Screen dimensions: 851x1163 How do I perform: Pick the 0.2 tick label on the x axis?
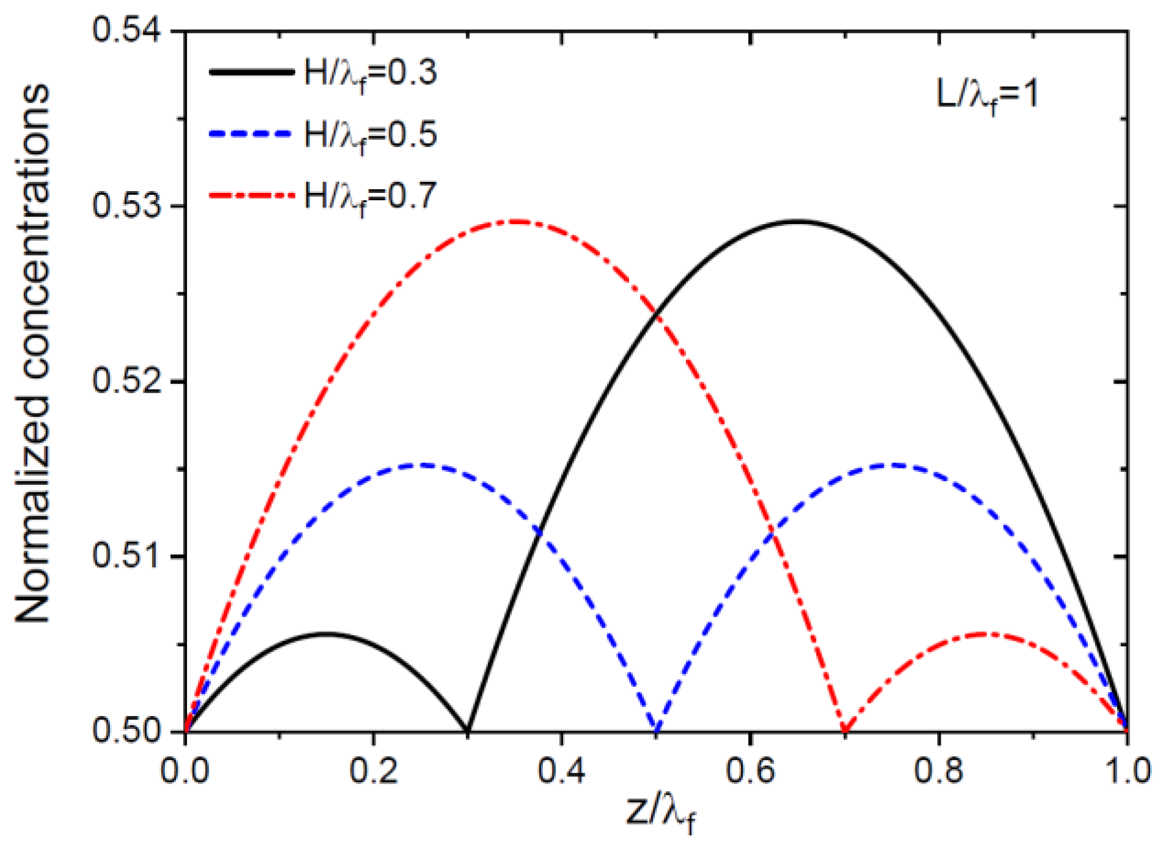click(x=373, y=770)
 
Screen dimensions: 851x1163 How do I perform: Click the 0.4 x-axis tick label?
click(x=561, y=770)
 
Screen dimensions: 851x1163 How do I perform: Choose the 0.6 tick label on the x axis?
click(x=750, y=770)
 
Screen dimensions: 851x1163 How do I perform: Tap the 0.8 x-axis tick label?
click(x=938, y=770)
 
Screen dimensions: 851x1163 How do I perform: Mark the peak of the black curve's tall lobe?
click(x=797, y=222)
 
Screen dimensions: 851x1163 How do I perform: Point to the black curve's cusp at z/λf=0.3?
click(x=468, y=730)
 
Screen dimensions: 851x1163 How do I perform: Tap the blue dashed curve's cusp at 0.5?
click(x=657, y=730)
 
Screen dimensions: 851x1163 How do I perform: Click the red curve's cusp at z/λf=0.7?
click(x=845, y=730)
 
